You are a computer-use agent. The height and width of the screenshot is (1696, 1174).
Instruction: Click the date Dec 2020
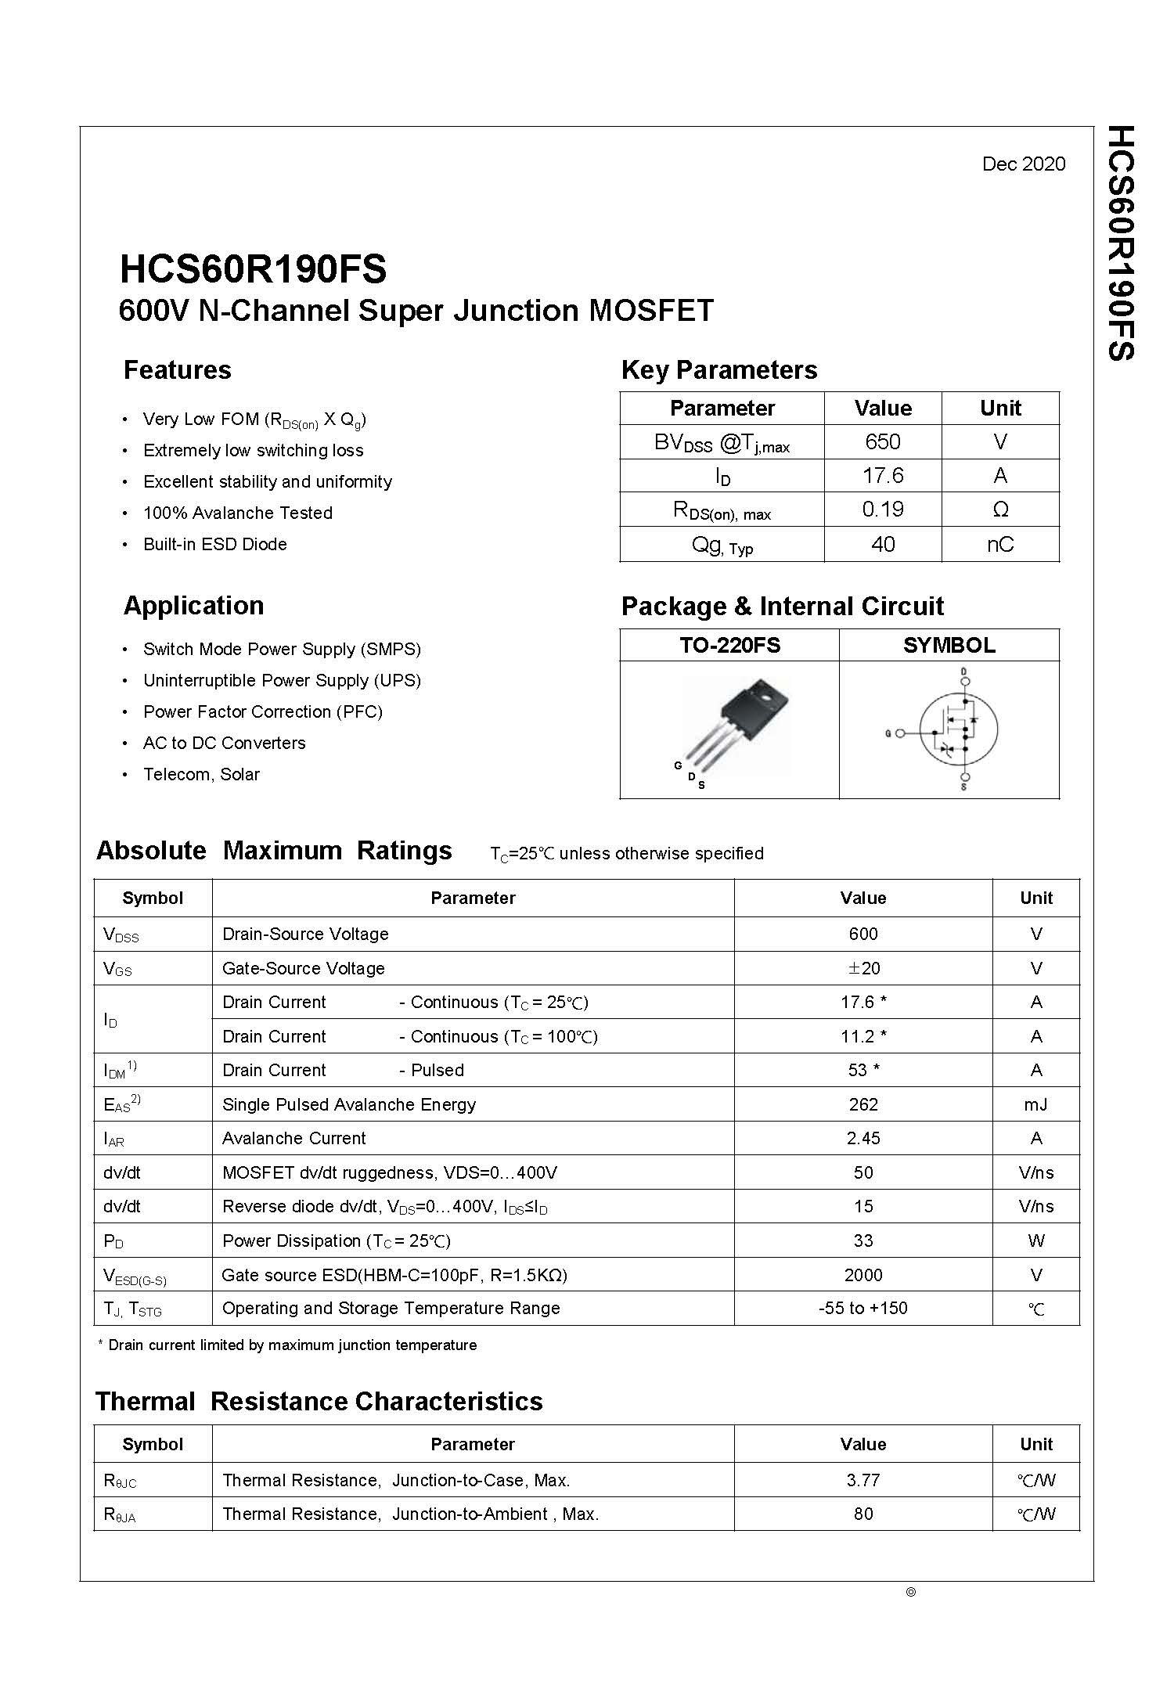coord(1023,164)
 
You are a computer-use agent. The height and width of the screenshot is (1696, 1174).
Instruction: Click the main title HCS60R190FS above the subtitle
coord(253,269)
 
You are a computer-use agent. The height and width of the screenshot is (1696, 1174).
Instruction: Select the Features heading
coord(178,370)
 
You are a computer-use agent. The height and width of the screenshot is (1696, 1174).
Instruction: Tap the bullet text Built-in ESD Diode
coord(214,544)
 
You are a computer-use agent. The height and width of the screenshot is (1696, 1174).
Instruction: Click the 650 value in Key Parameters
coord(882,442)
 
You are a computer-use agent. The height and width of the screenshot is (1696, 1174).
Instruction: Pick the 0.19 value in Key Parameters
coord(882,510)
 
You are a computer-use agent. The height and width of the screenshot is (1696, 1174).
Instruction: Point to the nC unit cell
coord(999,544)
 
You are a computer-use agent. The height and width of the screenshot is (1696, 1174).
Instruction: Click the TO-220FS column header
coord(729,645)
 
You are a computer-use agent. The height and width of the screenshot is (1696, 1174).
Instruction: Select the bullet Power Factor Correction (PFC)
coord(262,711)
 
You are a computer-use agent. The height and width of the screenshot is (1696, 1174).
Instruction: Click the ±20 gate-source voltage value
coord(863,968)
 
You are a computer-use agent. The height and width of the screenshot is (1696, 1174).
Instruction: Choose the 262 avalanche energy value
coord(863,1104)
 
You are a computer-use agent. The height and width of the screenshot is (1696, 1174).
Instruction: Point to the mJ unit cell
coord(1035,1104)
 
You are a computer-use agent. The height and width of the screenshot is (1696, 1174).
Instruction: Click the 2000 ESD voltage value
coord(863,1275)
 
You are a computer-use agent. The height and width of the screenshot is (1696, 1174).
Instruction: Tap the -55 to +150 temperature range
coord(863,1309)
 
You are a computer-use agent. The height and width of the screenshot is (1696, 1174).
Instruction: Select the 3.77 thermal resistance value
coord(863,1480)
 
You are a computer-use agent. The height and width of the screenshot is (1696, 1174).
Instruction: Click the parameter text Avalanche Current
coord(293,1138)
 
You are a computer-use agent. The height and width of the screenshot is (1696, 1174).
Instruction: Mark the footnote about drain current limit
coord(287,1345)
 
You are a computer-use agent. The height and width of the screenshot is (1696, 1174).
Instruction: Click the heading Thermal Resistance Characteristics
coord(319,1401)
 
